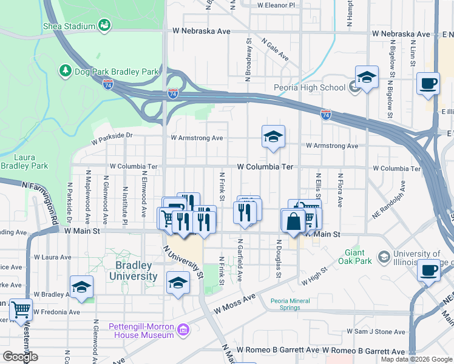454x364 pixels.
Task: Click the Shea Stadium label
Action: (69, 26)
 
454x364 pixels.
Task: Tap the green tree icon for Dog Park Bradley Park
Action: (66, 72)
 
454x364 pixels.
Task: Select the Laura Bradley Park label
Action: (24, 161)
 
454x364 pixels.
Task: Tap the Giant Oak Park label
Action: (354, 257)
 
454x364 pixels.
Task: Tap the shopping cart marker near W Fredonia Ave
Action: (21, 309)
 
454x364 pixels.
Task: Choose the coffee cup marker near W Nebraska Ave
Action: (429, 83)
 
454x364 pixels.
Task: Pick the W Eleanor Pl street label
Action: (276, 5)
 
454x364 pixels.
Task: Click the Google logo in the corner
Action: (21, 357)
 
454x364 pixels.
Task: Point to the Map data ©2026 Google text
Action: (416, 359)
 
